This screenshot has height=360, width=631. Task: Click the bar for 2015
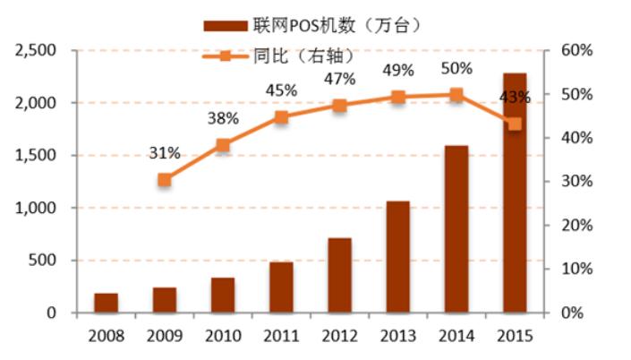pyautogui.click(x=515, y=193)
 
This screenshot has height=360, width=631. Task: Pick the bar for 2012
pyautogui.click(x=339, y=275)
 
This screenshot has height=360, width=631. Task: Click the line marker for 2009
pyautogui.click(x=165, y=180)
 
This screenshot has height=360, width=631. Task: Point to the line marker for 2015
pyautogui.click(x=515, y=124)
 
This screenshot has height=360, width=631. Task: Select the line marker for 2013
pyautogui.click(x=398, y=98)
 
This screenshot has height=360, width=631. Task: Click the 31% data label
pyautogui.click(x=165, y=153)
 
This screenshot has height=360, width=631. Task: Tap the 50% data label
pyautogui.click(x=456, y=68)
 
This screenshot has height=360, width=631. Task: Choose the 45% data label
pyautogui.click(x=281, y=90)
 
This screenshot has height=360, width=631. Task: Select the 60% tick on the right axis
pyautogui.click(x=577, y=50)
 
